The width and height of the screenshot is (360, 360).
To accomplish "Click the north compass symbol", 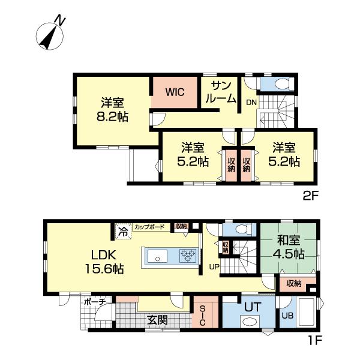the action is pyautogui.click(x=50, y=34).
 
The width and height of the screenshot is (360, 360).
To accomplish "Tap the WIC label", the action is pyautogui.click(x=175, y=92).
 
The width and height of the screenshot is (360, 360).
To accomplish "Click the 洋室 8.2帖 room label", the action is pyautogui.click(x=113, y=110).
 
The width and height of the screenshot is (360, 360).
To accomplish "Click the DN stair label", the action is pyautogui.click(x=251, y=103).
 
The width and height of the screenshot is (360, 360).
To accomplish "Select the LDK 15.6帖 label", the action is pyautogui.click(x=104, y=262).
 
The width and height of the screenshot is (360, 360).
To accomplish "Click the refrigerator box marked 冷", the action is pyautogui.click(x=123, y=232).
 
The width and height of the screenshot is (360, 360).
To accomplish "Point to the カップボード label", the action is pyautogui.click(x=149, y=227).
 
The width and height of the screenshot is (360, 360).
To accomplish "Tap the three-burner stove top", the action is pyautogui.click(x=188, y=256).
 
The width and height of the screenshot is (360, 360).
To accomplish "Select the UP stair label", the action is pyautogui.click(x=214, y=266).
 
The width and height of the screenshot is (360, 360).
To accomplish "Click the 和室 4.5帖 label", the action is pyautogui.click(x=289, y=247).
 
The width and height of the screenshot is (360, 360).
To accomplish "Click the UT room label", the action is pyautogui.click(x=253, y=307).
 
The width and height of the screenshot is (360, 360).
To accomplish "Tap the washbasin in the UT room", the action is pyautogui.click(x=250, y=322).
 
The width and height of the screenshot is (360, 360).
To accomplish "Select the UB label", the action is pyautogui.click(x=287, y=316).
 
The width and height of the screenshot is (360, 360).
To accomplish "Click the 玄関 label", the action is pyautogui.click(x=157, y=320).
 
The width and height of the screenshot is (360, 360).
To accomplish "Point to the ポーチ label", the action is pyautogui.click(x=95, y=302).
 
